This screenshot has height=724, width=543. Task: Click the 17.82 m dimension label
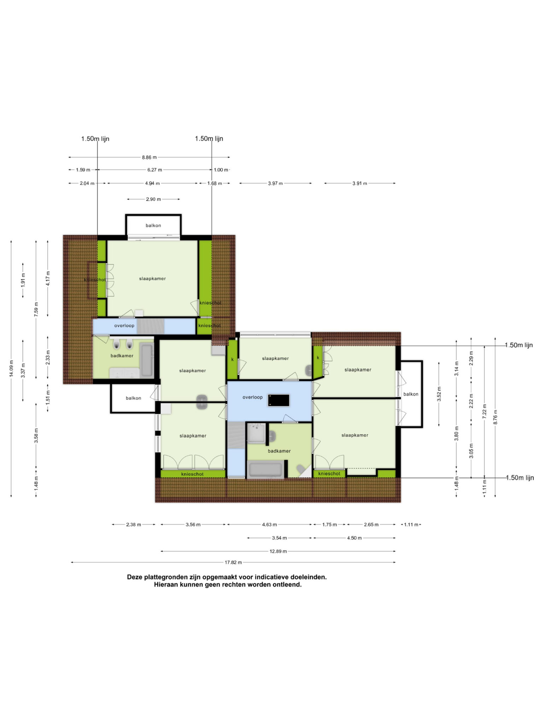click(233, 562)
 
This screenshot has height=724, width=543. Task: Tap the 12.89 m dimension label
click(278, 551)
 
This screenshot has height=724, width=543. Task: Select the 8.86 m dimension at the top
click(149, 157)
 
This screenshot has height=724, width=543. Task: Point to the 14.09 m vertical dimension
click(11, 368)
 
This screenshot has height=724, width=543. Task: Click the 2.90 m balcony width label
click(153, 199)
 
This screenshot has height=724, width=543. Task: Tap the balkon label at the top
click(153, 226)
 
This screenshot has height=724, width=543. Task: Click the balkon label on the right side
click(411, 394)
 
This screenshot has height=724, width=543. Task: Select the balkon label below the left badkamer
click(134, 398)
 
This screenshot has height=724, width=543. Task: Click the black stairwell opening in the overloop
click(279, 401)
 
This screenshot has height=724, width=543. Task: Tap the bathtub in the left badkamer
click(146, 360)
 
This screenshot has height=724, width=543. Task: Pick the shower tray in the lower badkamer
click(256, 433)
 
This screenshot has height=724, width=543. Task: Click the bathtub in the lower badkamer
click(265, 470)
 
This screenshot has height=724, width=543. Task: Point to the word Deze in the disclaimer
click(135, 577)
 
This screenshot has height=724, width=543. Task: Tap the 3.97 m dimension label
click(275, 183)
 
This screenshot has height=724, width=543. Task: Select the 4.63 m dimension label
click(269, 525)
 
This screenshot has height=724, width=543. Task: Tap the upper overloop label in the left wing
click(124, 326)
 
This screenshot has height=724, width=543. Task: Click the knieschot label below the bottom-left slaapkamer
click(192, 474)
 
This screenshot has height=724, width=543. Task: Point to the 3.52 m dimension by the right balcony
click(439, 394)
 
